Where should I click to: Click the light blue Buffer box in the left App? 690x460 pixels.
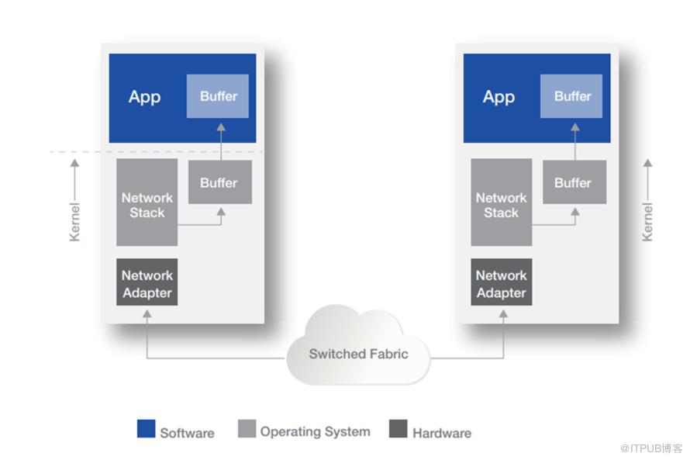click(218, 96)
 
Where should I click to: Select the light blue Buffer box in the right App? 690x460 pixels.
click(572, 96)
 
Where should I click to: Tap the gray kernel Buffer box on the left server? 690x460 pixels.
click(219, 182)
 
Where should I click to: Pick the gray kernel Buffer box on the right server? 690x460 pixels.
click(574, 182)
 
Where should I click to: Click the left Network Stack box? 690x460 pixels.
click(147, 203)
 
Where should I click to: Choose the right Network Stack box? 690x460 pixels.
click(501, 203)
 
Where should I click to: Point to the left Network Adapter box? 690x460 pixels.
click(147, 282)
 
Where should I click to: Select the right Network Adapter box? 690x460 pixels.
click(501, 282)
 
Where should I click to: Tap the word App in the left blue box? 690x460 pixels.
click(144, 97)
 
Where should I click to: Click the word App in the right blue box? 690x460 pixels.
click(499, 97)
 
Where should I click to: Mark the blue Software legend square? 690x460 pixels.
click(146, 429)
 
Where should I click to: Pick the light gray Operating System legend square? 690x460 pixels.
click(247, 429)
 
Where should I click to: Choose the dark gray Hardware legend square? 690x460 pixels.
click(398, 429)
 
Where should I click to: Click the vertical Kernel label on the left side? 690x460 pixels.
click(75, 221)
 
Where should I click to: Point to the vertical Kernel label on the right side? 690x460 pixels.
click(647, 221)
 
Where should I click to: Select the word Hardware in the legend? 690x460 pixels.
click(441, 433)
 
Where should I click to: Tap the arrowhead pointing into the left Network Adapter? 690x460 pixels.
click(147, 313)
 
